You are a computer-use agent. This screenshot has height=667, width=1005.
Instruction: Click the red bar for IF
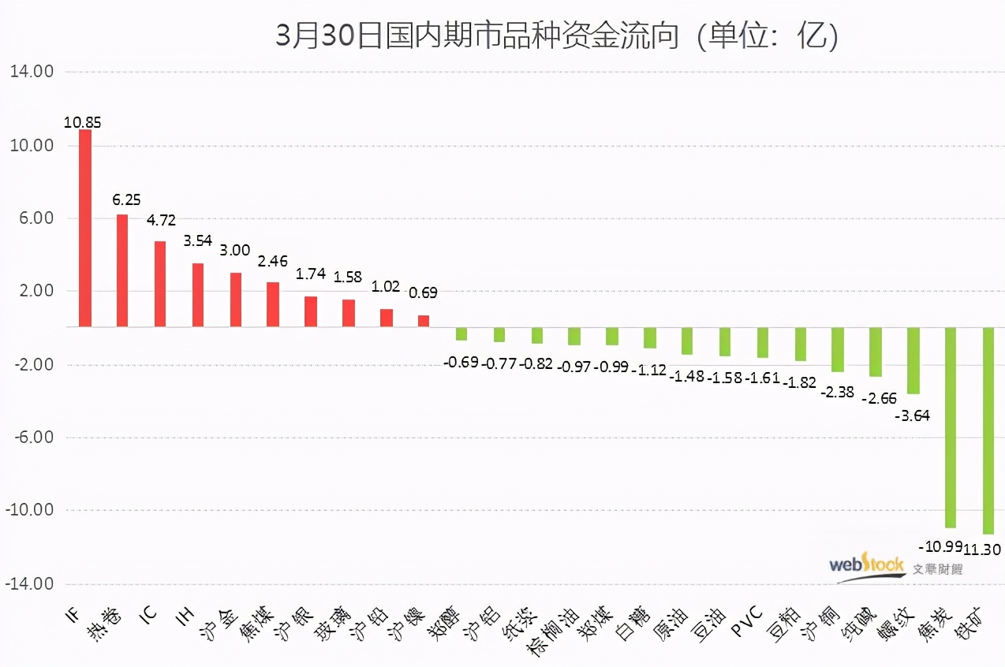[x=84, y=228]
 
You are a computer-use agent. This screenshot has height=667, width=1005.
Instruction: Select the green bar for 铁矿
[x=988, y=430]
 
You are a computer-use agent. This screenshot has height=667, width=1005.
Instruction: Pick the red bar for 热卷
[x=122, y=270]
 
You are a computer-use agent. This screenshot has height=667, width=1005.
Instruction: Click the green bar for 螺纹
[x=913, y=360]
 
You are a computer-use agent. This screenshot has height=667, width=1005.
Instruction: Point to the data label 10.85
[x=83, y=122]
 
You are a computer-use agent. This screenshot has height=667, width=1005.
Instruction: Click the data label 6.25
[x=127, y=201]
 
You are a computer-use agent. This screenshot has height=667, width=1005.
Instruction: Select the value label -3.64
[x=913, y=415]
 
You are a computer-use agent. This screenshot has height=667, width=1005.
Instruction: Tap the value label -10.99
[x=938, y=546]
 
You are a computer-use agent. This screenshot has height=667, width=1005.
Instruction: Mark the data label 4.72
[x=163, y=219]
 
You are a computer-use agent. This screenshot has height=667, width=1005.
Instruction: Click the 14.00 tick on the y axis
[x=31, y=72]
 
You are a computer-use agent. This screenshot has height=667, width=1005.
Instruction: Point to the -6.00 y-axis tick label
[x=29, y=438]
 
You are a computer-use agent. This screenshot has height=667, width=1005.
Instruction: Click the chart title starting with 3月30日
[x=556, y=36]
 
